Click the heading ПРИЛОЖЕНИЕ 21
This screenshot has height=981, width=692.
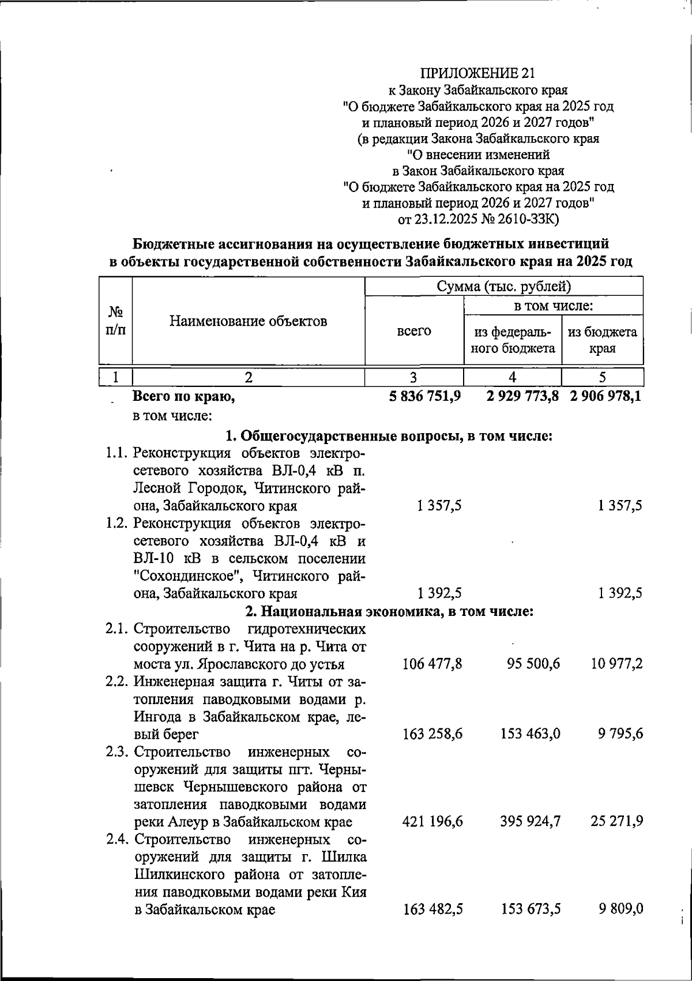point(478,73)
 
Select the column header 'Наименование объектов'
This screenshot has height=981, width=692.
point(248,321)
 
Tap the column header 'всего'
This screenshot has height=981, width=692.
point(413,331)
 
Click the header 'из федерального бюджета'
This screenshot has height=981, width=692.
point(513,340)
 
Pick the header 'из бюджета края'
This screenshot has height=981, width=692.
point(602,340)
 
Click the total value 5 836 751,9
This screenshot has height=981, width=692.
point(424,396)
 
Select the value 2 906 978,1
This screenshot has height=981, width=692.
point(605,396)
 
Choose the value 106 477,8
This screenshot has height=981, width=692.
point(432,664)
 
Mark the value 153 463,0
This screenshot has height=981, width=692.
point(530,734)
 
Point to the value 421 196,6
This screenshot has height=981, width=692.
point(432,821)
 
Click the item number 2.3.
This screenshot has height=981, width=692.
point(117,751)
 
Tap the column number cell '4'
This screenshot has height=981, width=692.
point(512,377)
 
